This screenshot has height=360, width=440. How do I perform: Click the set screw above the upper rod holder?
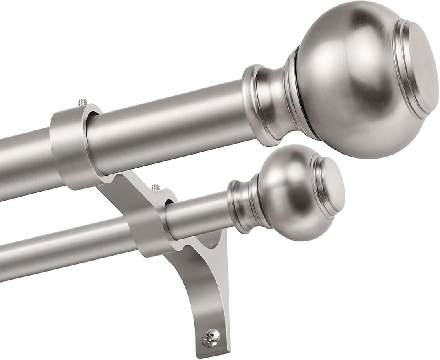(x=83, y=102)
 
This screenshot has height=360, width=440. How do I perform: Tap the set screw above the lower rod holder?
(x=155, y=188)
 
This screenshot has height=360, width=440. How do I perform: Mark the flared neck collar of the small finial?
(x=240, y=206)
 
